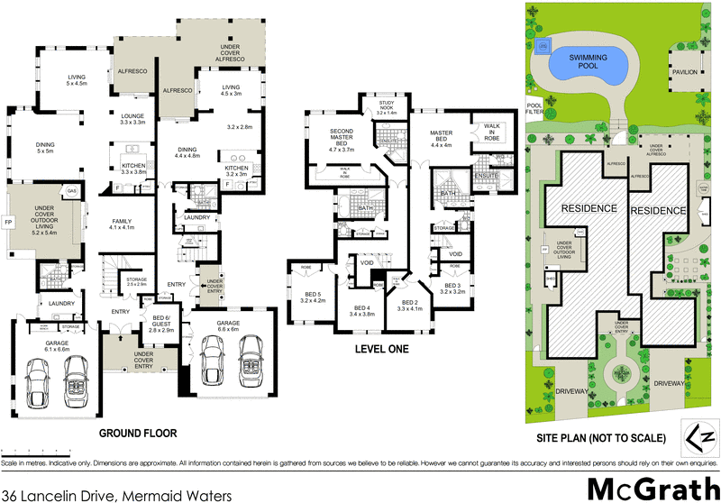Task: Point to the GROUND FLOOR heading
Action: (138, 434)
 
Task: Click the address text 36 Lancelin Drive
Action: (117, 495)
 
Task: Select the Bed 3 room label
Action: (452, 288)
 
